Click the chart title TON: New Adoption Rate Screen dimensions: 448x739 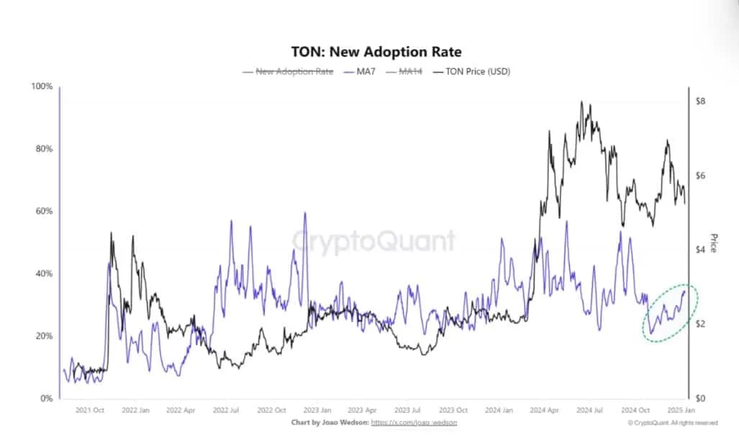pyautogui.click(x=375, y=52)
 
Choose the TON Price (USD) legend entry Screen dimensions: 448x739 pyautogui.click(x=472, y=72)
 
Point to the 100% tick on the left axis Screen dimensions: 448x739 pyautogui.click(x=42, y=87)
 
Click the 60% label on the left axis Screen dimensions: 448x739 pyautogui.click(x=45, y=211)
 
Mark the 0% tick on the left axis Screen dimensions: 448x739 pyautogui.click(x=47, y=398)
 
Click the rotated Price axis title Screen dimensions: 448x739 pyautogui.click(x=714, y=242)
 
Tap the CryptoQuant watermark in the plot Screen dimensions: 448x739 pyautogui.click(x=373, y=241)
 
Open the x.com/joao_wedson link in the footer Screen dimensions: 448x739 pyautogui.click(x=414, y=423)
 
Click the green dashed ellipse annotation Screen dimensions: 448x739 pyautogui.click(x=666, y=313)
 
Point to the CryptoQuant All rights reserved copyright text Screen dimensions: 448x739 pyautogui.click(x=672, y=423)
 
